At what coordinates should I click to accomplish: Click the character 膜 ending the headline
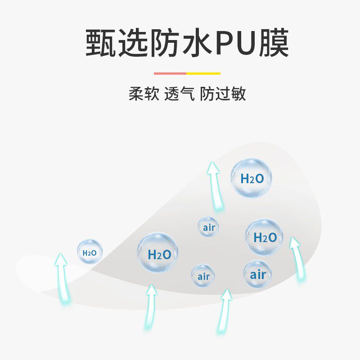click(274, 43)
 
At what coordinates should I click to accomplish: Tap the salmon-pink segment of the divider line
click(170, 73)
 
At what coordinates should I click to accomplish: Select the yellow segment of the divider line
click(203, 73)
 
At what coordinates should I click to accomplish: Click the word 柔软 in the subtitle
click(144, 94)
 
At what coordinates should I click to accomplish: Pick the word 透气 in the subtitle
click(180, 94)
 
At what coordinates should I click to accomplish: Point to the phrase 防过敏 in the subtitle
click(223, 94)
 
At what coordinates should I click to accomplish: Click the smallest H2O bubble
click(90, 252)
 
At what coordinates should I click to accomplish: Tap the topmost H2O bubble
click(252, 178)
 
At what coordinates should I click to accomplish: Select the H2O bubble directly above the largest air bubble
click(264, 237)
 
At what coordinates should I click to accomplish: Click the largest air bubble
click(258, 274)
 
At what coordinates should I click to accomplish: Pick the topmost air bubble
click(209, 227)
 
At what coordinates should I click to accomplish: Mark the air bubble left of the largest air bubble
click(203, 276)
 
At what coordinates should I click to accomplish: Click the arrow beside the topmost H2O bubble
click(216, 187)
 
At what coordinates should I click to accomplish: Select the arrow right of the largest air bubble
click(297, 258)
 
